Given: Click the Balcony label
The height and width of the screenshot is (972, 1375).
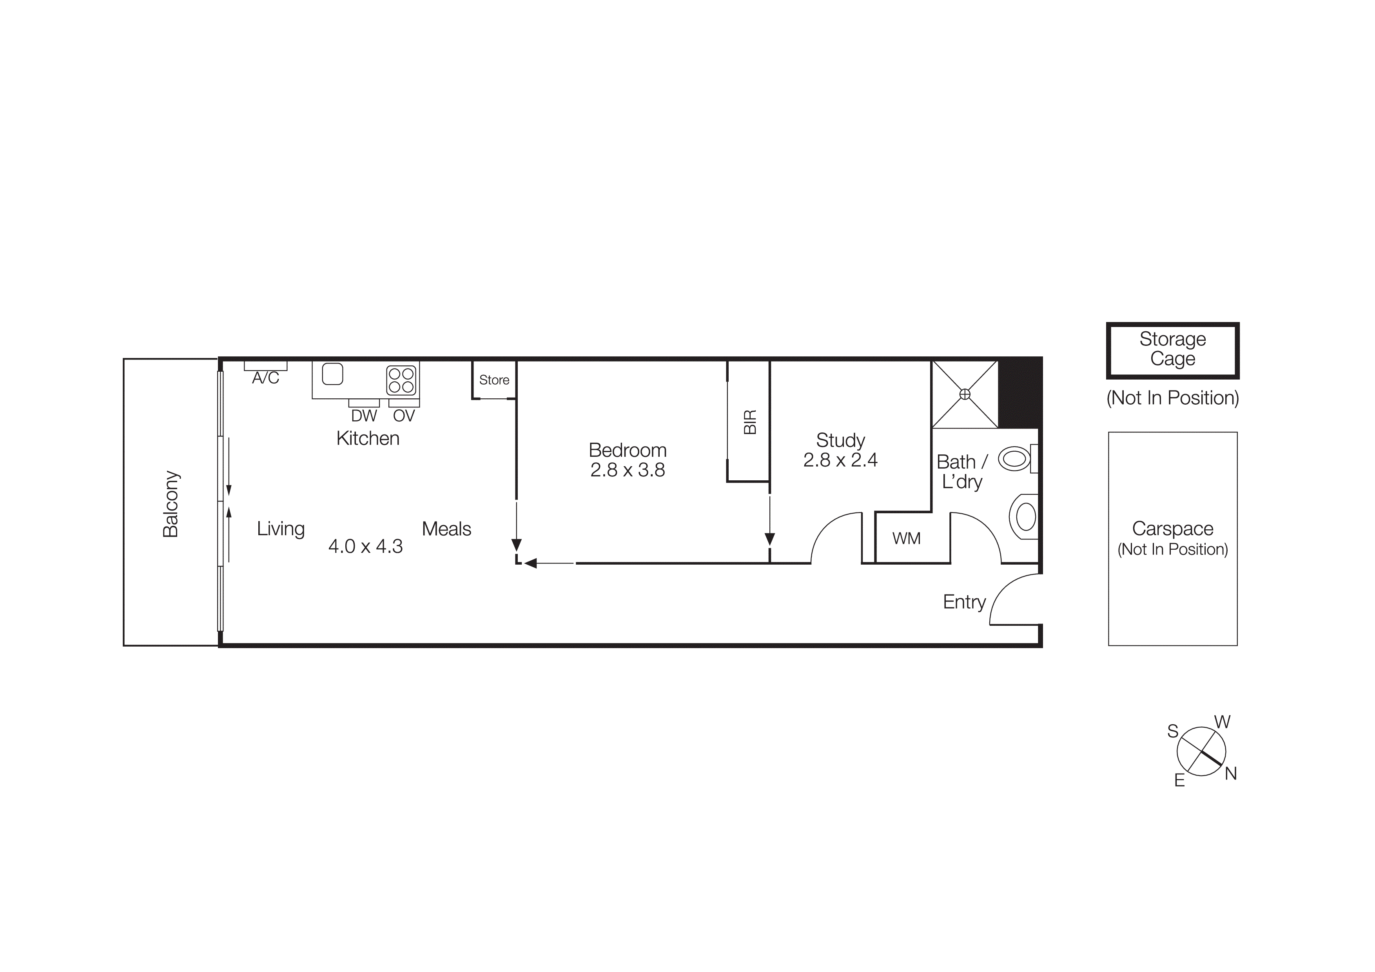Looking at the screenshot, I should click(171, 504).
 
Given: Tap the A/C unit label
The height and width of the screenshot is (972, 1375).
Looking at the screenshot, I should click(265, 378).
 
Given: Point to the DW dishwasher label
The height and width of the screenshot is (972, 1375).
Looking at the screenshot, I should click(364, 416).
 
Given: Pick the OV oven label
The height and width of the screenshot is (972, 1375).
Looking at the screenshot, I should click(404, 416).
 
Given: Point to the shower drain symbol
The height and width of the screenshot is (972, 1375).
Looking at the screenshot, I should click(965, 394).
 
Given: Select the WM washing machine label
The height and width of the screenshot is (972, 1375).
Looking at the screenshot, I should click(906, 538).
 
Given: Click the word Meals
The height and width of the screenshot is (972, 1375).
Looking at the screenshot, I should click(446, 529).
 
